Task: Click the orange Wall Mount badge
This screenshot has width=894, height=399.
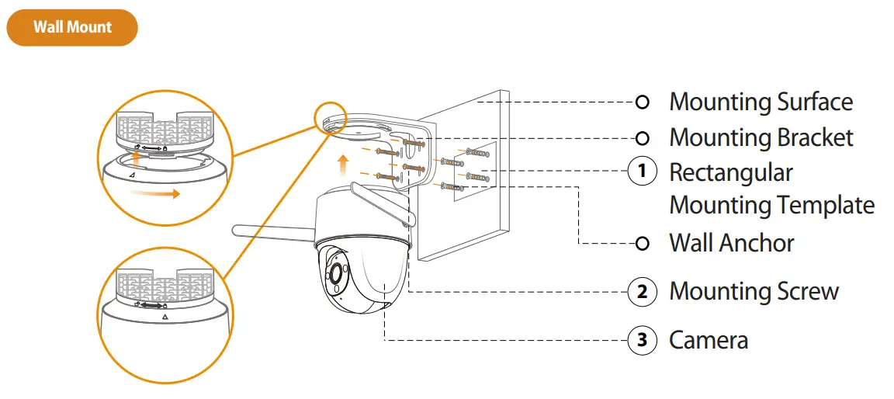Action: (72, 27)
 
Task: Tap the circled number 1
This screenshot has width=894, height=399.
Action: (642, 172)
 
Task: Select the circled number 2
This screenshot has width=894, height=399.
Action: (642, 292)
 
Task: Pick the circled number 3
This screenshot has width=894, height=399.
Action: (642, 340)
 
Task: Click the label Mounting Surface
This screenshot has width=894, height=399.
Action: (761, 102)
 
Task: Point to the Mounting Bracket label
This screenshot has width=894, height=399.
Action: (761, 138)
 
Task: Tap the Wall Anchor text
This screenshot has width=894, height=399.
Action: (732, 244)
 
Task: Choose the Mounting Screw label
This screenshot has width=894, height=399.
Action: (754, 292)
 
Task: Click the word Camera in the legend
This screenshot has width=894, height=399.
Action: (709, 340)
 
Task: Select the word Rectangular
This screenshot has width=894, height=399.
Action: (731, 172)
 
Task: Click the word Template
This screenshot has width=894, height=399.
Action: (824, 206)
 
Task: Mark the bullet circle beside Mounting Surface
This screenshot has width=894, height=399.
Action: (642, 102)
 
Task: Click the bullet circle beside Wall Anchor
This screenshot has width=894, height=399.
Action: (642, 244)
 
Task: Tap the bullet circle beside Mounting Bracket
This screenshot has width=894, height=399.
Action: (642, 138)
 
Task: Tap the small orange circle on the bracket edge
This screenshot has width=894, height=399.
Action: (329, 115)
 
